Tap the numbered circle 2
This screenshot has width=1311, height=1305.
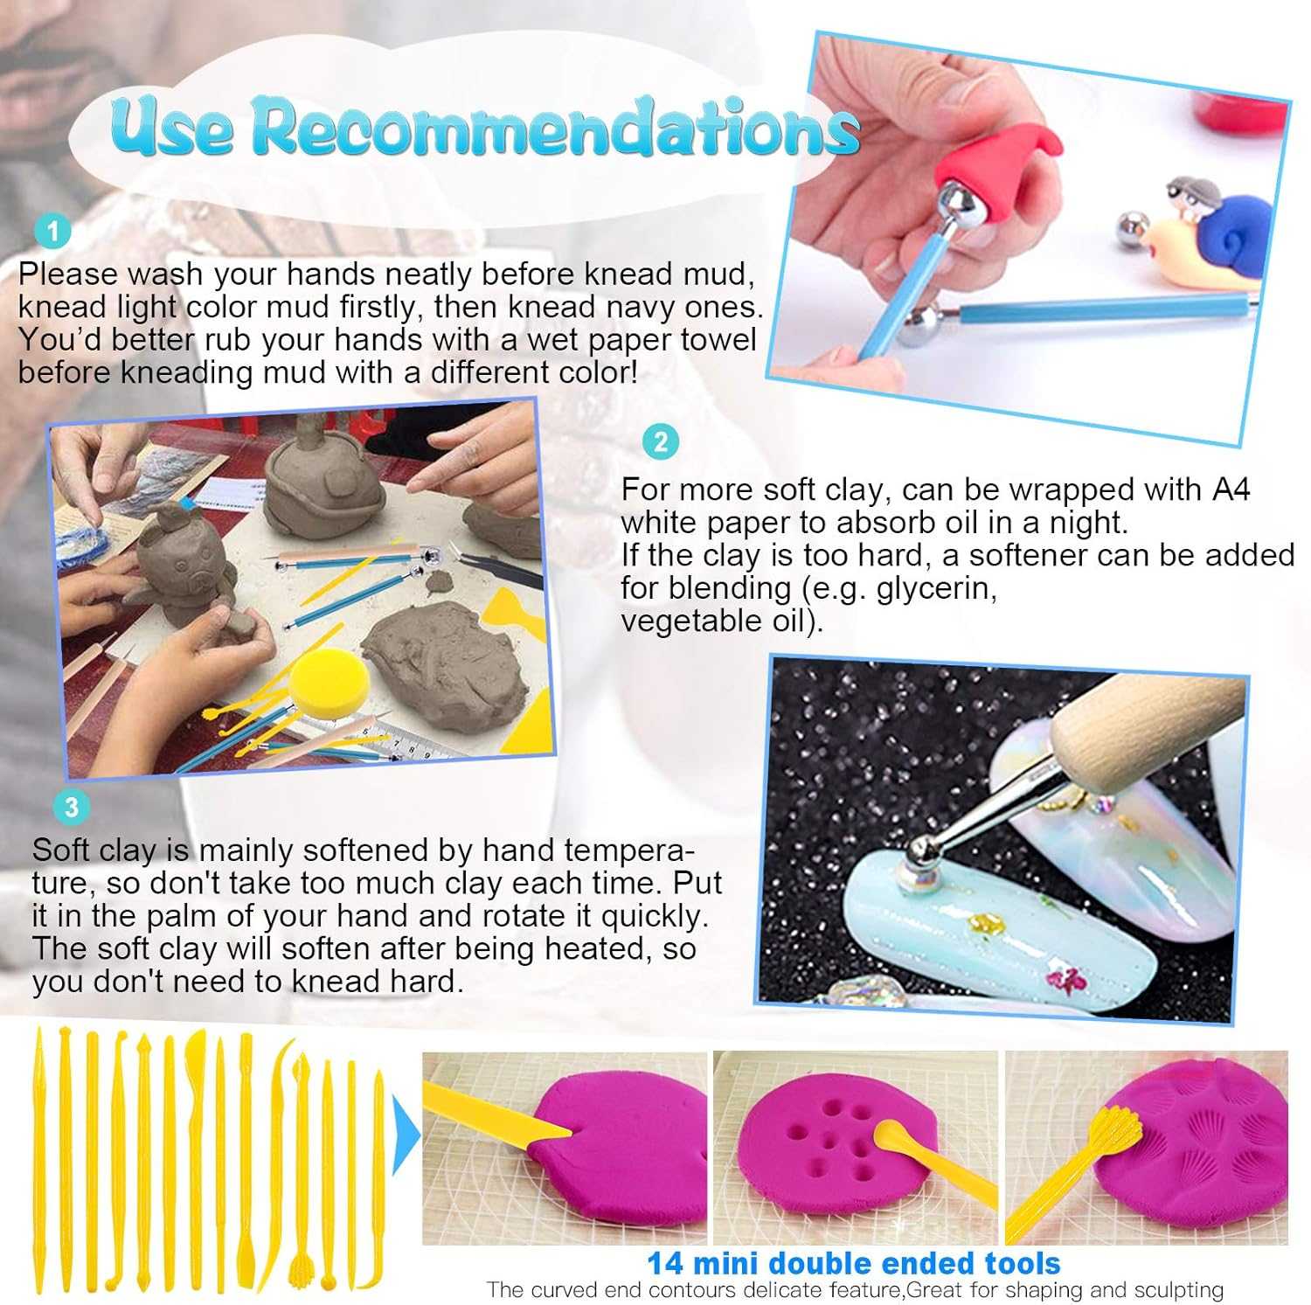click(x=661, y=442)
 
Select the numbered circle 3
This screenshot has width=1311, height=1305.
click(x=71, y=807)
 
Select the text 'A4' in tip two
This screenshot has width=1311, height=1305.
click(x=1231, y=489)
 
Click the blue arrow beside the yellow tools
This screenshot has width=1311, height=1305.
click(x=406, y=1136)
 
